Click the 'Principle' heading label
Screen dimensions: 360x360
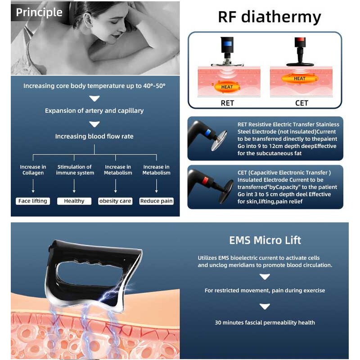[x=39, y=13]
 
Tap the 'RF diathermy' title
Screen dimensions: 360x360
[x=269, y=17]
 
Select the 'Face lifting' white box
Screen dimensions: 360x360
[x=32, y=201]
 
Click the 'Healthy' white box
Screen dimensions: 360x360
[x=74, y=201]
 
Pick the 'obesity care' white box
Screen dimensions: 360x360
[x=115, y=201]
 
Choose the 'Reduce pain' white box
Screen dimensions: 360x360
[x=156, y=201]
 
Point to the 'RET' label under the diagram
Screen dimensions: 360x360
[x=227, y=103]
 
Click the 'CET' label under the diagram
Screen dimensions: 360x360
[x=301, y=103]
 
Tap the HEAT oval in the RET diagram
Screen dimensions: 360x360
[x=227, y=87]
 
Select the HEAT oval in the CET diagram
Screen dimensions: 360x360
[x=300, y=79]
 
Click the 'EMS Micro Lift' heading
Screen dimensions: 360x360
[x=265, y=240]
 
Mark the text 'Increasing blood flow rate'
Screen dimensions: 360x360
[x=94, y=136]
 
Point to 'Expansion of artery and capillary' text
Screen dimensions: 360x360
[x=94, y=111]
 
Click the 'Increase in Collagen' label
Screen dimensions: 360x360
[x=33, y=170]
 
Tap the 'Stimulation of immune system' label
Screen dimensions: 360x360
[x=74, y=170]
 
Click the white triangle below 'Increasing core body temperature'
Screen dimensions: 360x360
[x=94, y=99]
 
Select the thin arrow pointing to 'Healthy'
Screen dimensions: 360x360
[x=74, y=186]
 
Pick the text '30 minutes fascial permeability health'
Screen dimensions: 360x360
[x=265, y=322]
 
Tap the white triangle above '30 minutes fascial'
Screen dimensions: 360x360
[x=265, y=306]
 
